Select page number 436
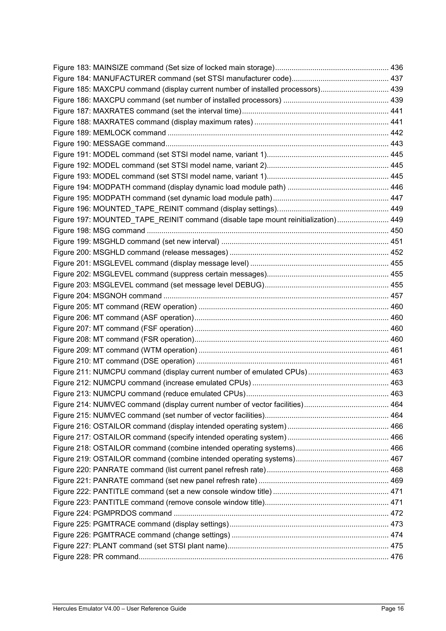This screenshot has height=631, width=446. pos(397,68)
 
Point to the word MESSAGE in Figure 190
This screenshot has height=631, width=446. pos(112,144)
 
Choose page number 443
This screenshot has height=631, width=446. pos(397,144)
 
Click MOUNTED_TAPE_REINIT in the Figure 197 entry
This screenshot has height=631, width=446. pos(138,220)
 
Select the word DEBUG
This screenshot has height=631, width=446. pos(249,285)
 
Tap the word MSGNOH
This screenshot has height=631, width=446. pos(110,296)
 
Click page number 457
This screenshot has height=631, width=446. pos(397,296)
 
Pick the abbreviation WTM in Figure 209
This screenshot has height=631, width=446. pos(152,350)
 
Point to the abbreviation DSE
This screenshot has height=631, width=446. pos(150,361)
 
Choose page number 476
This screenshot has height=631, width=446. pos(397,557)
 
